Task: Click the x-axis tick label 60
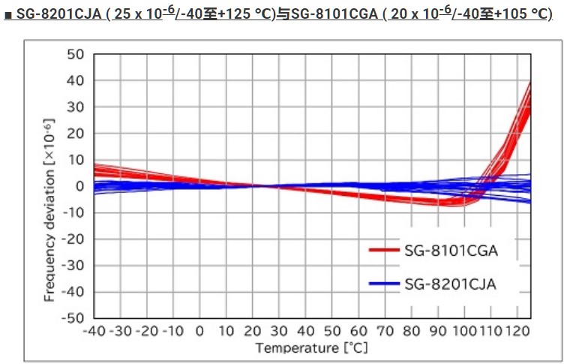[358, 331]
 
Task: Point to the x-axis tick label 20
[253, 331]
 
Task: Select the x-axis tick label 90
[438, 331]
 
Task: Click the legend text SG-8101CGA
[451, 250]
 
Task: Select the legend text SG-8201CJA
[451, 283]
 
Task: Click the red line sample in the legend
[385, 250]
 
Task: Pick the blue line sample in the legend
[385, 283]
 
